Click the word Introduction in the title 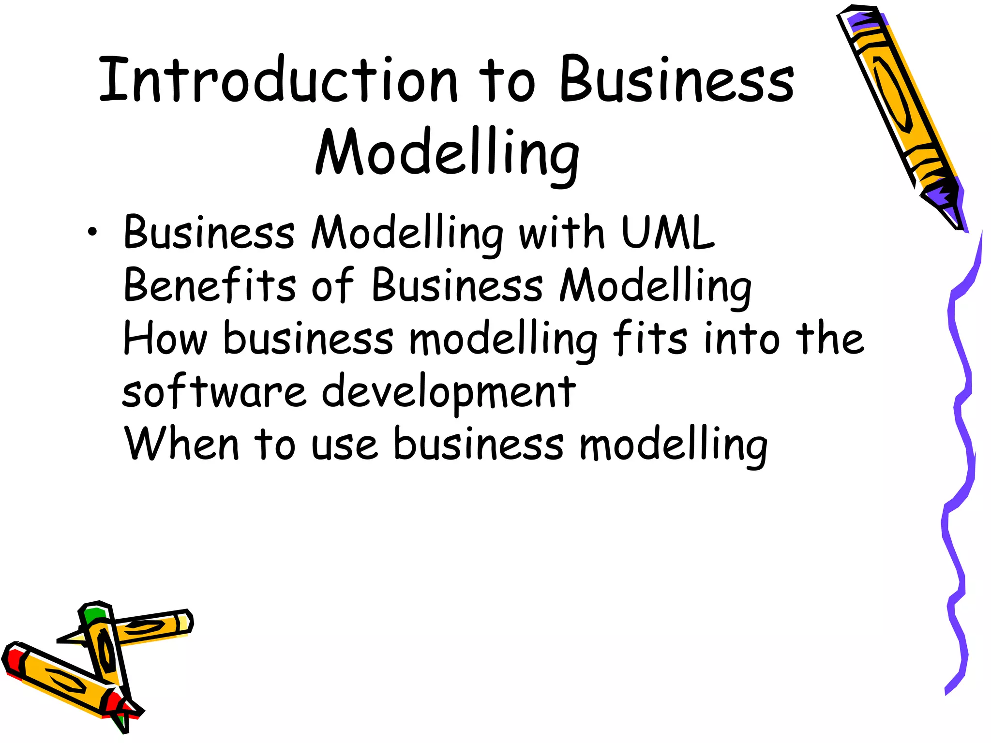(x=278, y=80)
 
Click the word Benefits (x=210, y=285)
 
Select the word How (x=165, y=339)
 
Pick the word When (x=181, y=444)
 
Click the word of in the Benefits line (x=333, y=285)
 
